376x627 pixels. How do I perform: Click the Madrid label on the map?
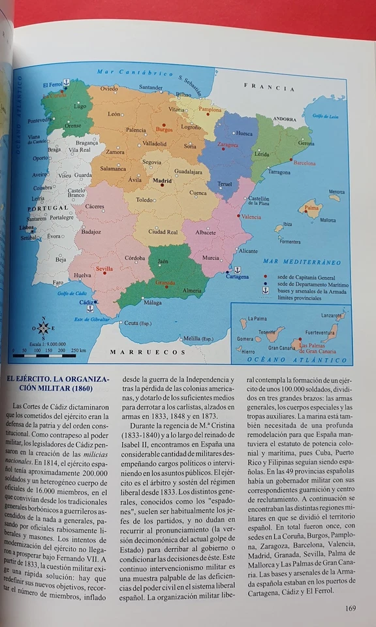point(163,181)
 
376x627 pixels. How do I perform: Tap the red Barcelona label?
point(305,163)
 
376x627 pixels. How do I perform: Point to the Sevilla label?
point(104,268)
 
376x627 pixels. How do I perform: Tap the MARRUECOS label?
point(139,352)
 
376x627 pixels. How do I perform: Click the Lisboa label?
point(26,228)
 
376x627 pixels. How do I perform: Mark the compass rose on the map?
point(44,329)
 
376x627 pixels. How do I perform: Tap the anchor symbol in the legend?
point(266,291)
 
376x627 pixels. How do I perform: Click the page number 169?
point(351,609)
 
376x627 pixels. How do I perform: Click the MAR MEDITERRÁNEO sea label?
point(302,262)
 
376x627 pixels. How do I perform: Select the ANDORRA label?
point(285,120)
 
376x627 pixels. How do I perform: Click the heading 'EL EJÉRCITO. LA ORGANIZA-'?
point(57,379)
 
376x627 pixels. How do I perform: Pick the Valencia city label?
point(251,216)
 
